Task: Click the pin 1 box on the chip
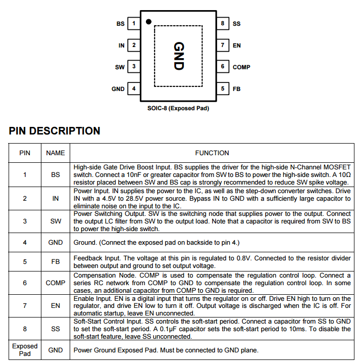point(134,24)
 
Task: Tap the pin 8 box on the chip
point(223,24)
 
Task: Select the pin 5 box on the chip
point(223,88)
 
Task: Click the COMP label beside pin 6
point(241,67)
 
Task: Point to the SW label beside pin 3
point(120,67)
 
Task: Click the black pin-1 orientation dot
point(148,22)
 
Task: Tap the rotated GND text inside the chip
point(179,56)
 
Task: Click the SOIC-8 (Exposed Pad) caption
point(178,108)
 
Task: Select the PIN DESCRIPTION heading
point(55,131)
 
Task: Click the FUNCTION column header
point(212,153)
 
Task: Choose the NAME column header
point(56,153)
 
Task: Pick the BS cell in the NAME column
point(56,174)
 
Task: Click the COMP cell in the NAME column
point(56,283)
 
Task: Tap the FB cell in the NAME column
point(56,262)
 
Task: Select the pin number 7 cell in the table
point(25,305)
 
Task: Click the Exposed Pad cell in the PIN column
point(25,350)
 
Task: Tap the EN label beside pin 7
point(237,46)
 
